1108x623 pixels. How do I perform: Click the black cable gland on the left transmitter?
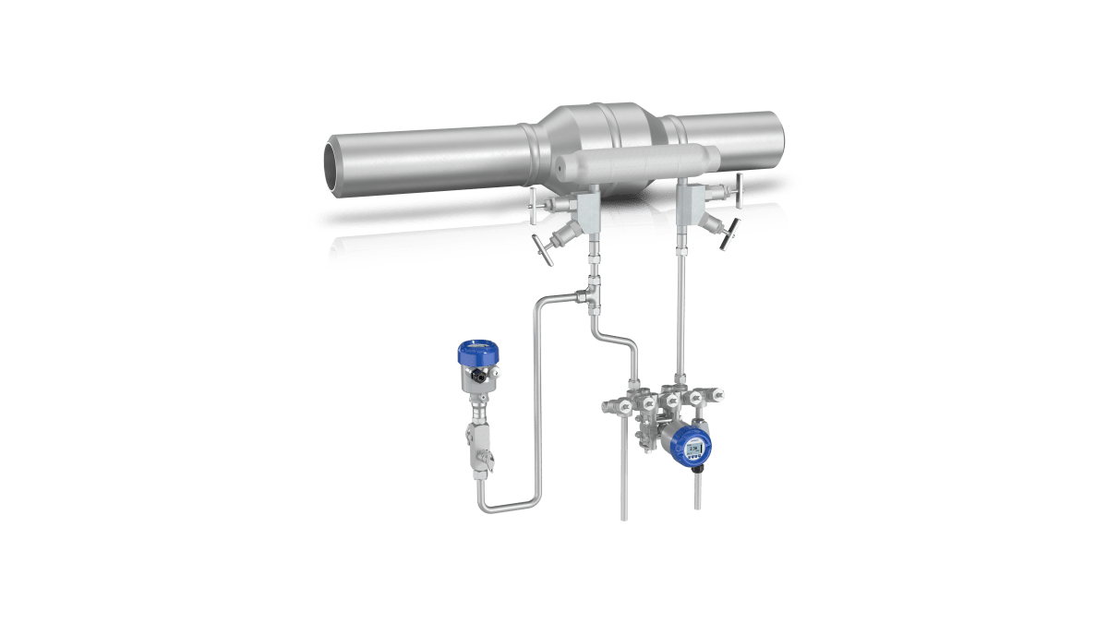coord(479,377)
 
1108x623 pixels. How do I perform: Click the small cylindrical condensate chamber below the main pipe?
coord(637,164)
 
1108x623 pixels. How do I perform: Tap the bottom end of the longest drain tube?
coord(624,517)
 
